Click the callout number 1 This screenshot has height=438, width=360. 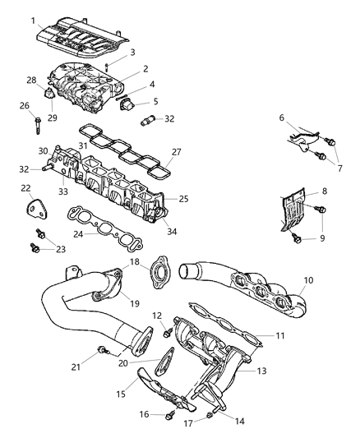pos(32,20)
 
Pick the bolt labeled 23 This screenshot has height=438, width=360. pos(35,246)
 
